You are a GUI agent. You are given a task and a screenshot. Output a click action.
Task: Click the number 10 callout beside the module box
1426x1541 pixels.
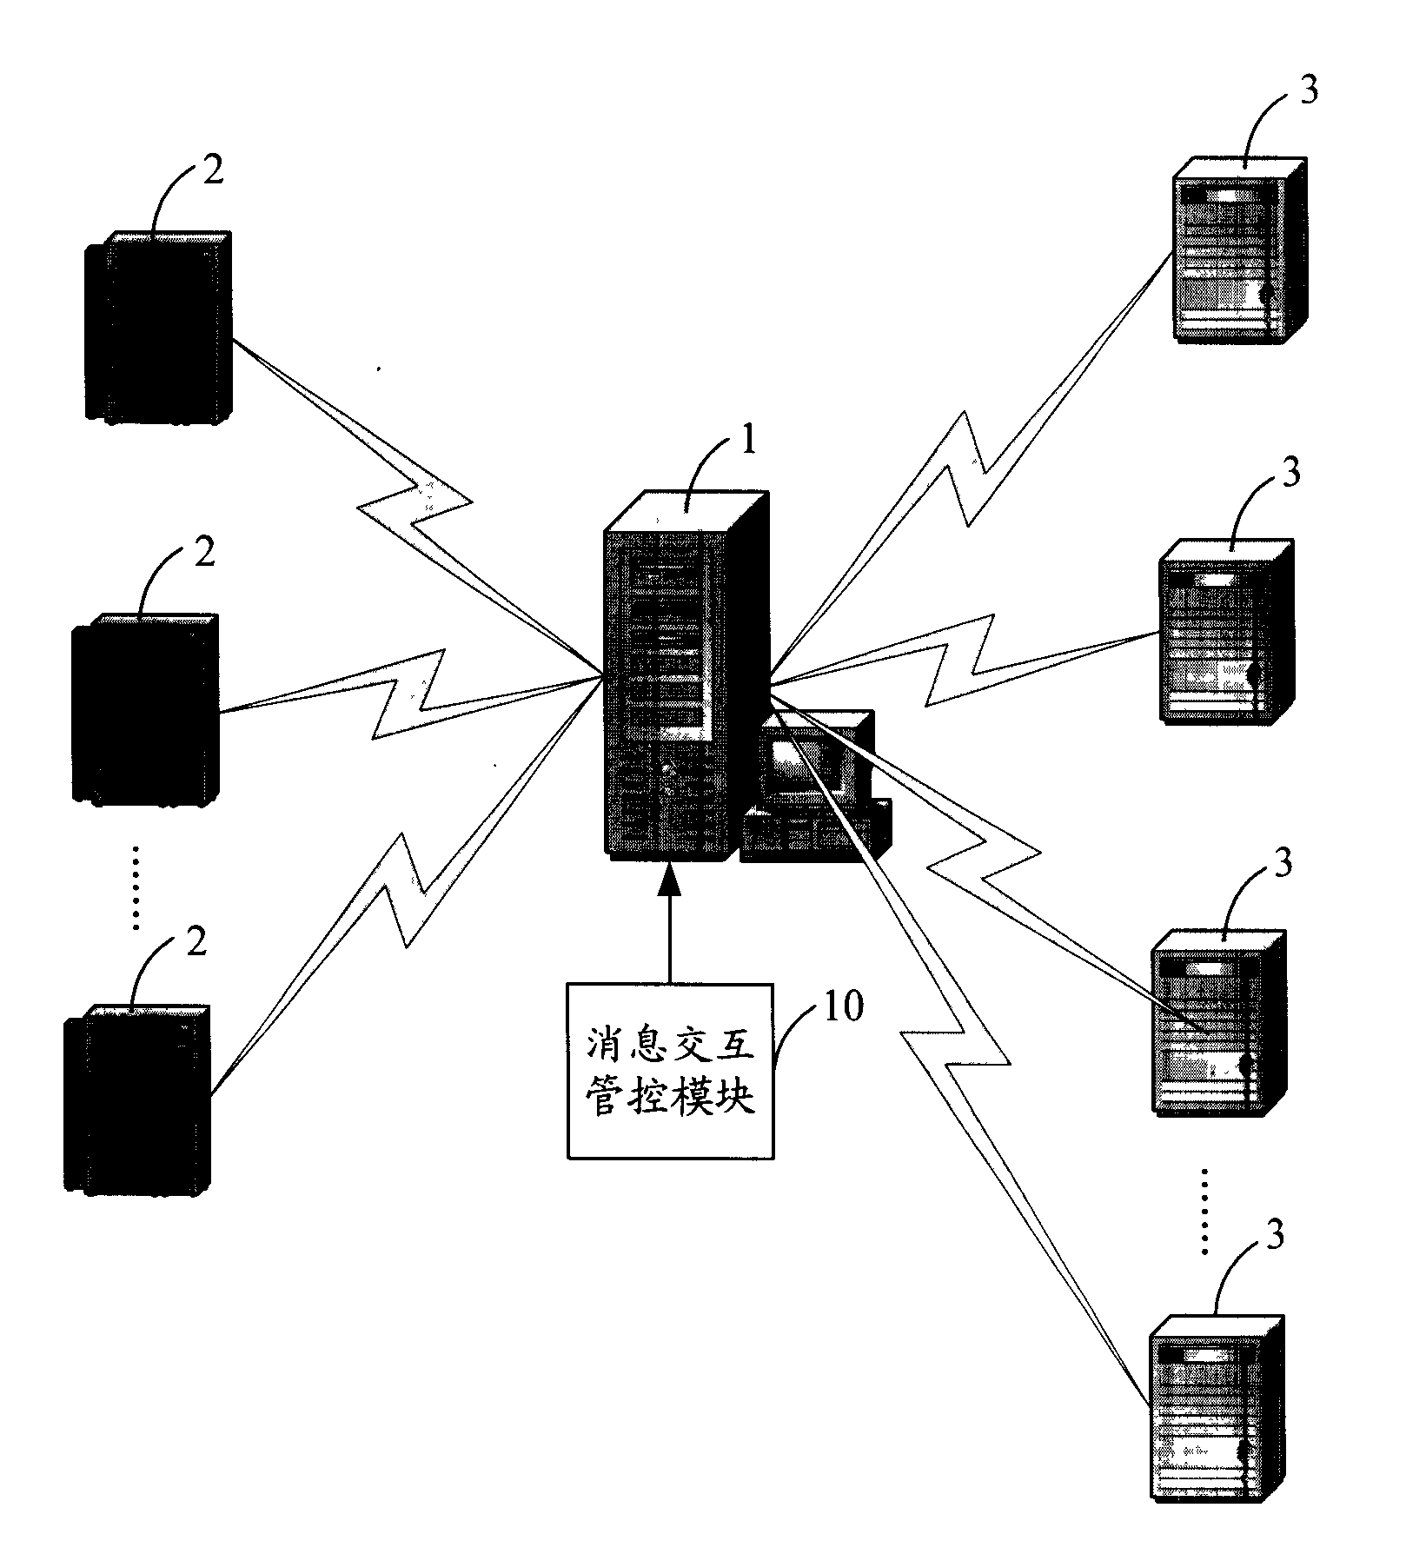tap(840, 1006)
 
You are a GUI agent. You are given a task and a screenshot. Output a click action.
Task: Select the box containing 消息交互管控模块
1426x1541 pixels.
tap(669, 1070)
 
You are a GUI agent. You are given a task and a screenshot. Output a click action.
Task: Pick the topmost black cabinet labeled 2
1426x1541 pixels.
tap(158, 329)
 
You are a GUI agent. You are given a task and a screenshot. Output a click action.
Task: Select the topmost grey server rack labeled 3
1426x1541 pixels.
tap(1237, 251)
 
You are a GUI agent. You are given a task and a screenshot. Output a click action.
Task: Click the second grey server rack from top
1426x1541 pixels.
tap(1225, 632)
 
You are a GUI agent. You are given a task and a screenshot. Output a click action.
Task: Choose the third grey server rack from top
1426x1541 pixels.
tap(1217, 1022)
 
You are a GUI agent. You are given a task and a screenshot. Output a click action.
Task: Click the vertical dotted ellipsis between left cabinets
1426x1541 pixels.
tap(135, 886)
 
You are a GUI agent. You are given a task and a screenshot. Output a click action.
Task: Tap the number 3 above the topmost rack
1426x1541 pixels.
tap(1308, 90)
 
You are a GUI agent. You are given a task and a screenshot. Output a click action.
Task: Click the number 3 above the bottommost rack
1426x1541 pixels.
tap(1274, 1236)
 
